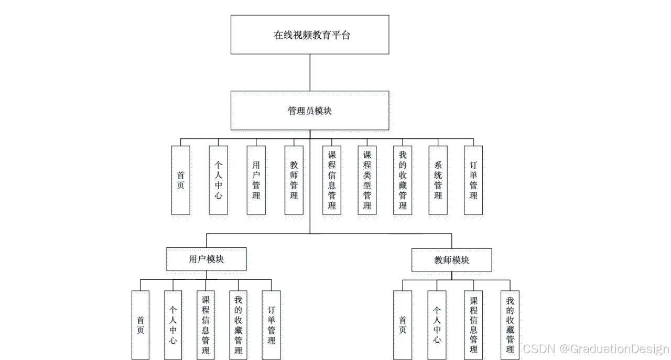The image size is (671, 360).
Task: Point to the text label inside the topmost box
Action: [x=311, y=112]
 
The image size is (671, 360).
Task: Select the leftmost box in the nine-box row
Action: [x=182, y=182]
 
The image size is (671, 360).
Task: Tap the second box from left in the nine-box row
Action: [x=220, y=182]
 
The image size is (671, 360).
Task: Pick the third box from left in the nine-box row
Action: [x=257, y=182]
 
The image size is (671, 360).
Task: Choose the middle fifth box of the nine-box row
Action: [x=333, y=182]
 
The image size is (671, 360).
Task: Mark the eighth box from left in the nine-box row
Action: [x=439, y=182]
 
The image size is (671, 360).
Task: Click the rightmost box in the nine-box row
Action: [x=474, y=182]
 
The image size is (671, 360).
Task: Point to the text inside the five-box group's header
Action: [x=207, y=261]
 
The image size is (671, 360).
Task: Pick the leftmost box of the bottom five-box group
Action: [x=141, y=325]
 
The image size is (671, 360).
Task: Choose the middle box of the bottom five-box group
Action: [x=207, y=325]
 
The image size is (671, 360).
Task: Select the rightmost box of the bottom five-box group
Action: [x=272, y=325]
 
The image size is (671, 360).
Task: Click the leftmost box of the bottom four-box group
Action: [x=403, y=325]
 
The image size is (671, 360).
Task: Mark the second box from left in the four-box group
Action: [x=437, y=325]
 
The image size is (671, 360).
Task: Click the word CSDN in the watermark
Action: [x=538, y=348]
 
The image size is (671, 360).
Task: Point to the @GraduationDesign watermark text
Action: [x=613, y=348]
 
